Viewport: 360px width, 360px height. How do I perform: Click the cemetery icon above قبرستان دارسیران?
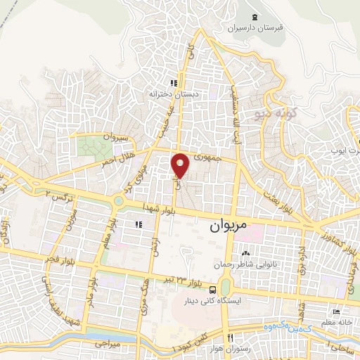[x=254, y=17]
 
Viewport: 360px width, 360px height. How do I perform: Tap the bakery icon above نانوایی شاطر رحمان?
[x=246, y=253]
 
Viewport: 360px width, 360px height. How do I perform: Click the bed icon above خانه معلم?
[x=336, y=312]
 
